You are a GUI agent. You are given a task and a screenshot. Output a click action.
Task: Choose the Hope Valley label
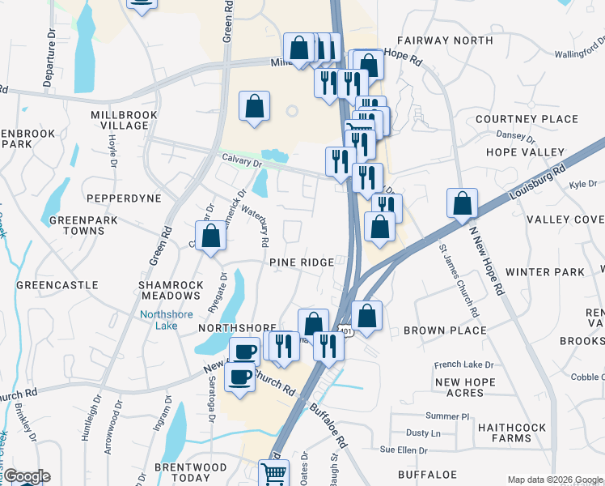tap(525, 152)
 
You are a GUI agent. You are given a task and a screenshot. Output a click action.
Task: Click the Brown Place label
tap(445, 330)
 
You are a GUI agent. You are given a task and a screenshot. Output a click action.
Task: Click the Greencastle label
tap(57, 285)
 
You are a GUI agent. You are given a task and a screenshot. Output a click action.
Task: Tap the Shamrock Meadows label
tap(171, 292)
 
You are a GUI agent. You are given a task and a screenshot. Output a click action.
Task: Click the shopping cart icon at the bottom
tap(274, 473)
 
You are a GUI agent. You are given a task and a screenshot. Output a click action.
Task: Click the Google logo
tap(26, 476)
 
